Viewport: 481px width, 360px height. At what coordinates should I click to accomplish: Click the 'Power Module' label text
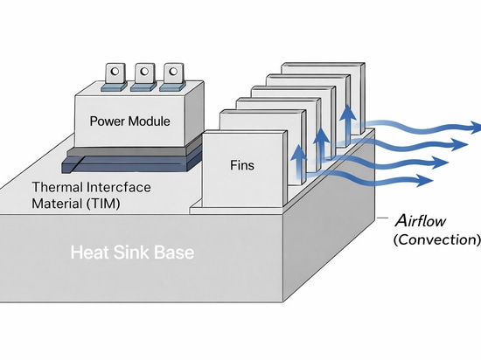[129, 121]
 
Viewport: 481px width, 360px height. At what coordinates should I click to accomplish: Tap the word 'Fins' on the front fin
[242, 165]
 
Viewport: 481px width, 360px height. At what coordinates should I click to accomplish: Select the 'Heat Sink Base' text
[132, 253]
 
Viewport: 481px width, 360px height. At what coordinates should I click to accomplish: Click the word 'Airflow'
[421, 220]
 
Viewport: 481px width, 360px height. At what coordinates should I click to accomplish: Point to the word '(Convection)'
[436, 239]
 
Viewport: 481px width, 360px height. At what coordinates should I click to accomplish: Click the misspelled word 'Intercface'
[119, 187]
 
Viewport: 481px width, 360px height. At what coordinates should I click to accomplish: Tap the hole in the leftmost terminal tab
[115, 72]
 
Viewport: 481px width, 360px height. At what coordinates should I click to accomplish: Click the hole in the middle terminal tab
[144, 72]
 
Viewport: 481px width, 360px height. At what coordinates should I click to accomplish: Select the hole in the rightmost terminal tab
[173, 72]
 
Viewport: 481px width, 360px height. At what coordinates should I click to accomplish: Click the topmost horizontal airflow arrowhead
[476, 128]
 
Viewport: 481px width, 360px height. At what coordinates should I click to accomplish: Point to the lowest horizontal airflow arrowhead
[426, 180]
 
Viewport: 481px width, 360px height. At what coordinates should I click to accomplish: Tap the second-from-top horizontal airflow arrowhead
[459, 145]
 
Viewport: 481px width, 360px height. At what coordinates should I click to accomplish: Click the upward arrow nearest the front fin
[298, 162]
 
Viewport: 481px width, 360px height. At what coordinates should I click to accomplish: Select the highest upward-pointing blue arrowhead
[348, 113]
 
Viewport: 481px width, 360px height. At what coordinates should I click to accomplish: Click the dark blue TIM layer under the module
[132, 164]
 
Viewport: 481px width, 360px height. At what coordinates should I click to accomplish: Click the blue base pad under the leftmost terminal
[114, 87]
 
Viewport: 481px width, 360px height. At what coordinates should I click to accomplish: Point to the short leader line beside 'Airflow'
[383, 218]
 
